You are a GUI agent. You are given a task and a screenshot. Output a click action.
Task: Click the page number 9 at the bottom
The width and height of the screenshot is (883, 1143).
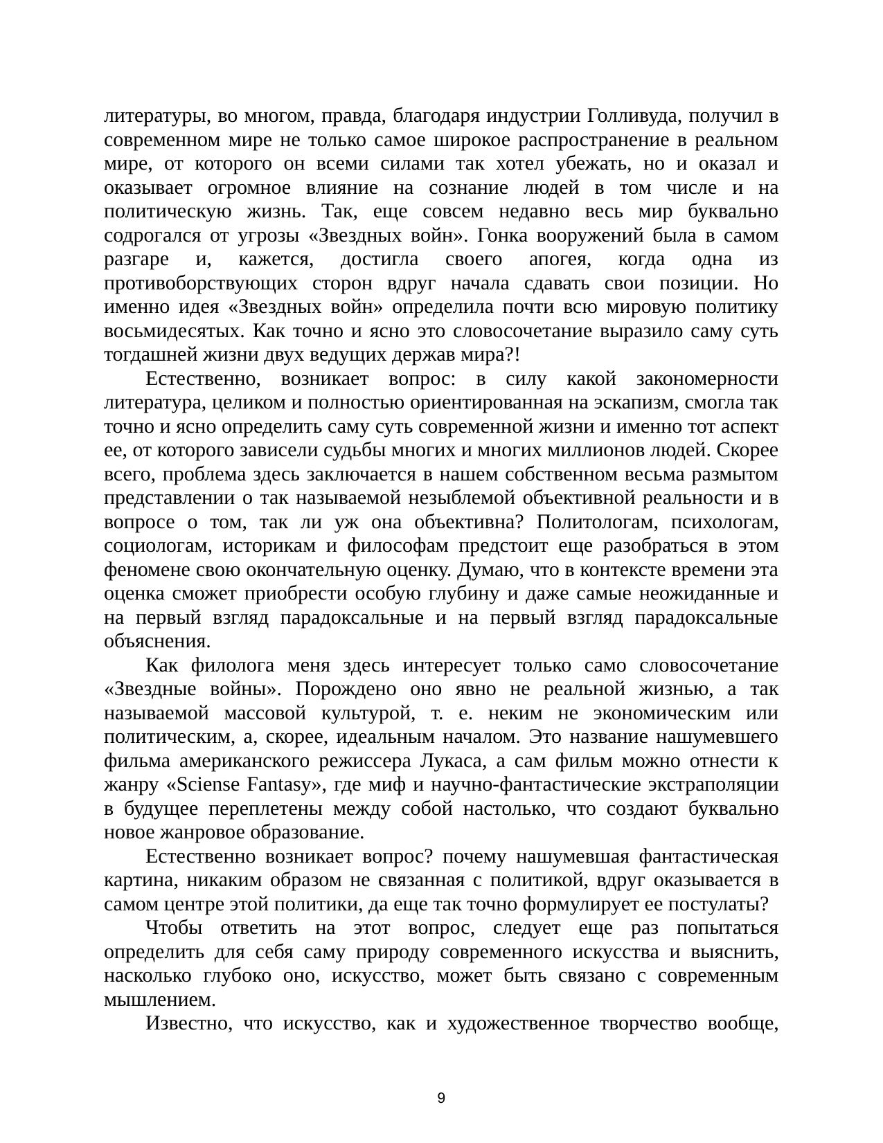pos(441,1099)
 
